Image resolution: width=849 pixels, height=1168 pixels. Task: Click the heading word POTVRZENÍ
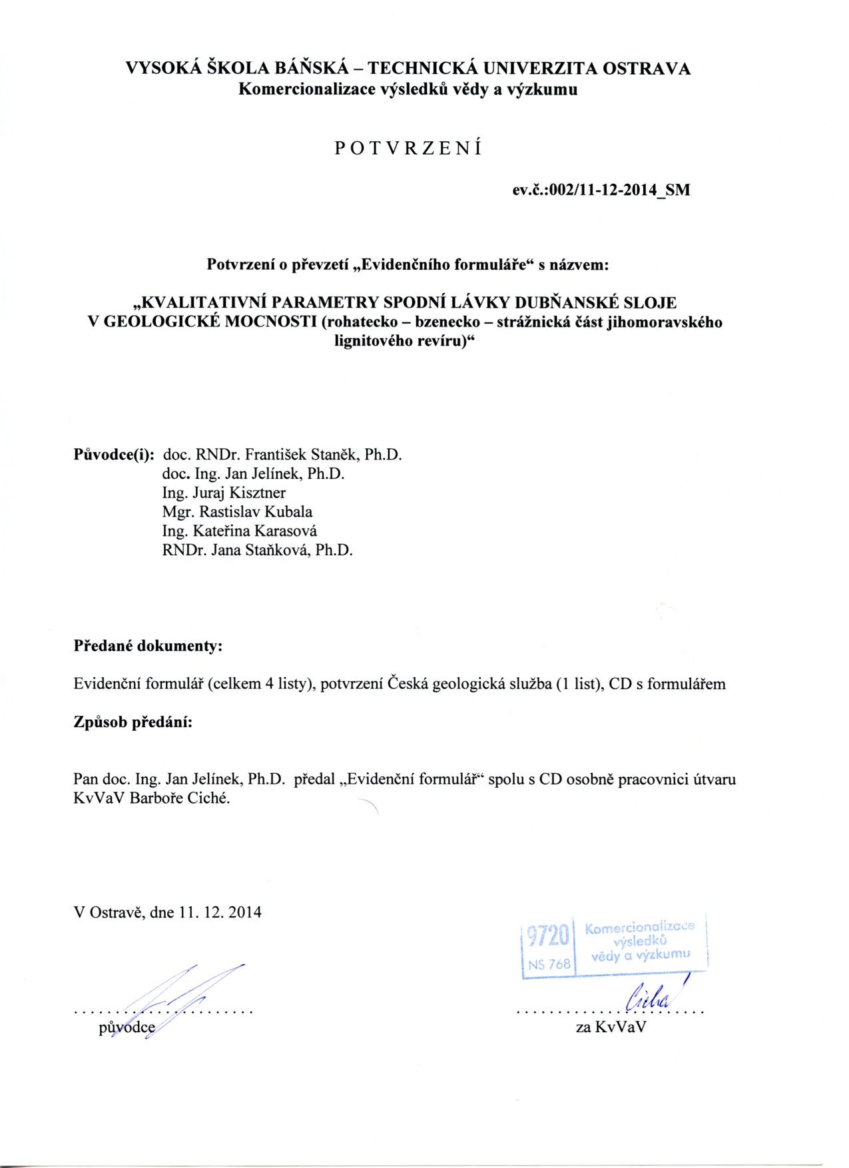click(x=408, y=148)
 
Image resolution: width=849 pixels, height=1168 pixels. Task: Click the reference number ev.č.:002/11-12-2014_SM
click(x=601, y=190)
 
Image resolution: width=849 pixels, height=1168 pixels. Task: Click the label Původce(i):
click(x=114, y=455)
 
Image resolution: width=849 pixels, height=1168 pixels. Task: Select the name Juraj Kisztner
click(x=239, y=493)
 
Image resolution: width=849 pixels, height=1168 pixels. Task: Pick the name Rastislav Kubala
click(x=256, y=512)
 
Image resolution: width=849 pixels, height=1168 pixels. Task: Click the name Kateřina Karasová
click(x=254, y=531)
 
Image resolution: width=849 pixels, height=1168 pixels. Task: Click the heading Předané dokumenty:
click(x=148, y=646)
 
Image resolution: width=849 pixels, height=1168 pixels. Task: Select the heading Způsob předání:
click(x=133, y=723)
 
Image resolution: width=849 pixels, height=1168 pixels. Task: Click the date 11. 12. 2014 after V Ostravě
click(x=220, y=912)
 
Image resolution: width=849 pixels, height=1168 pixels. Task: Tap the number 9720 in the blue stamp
click(x=548, y=936)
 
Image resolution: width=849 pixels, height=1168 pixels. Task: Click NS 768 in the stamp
click(x=549, y=964)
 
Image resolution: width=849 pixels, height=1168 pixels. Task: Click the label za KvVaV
click(x=611, y=1027)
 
